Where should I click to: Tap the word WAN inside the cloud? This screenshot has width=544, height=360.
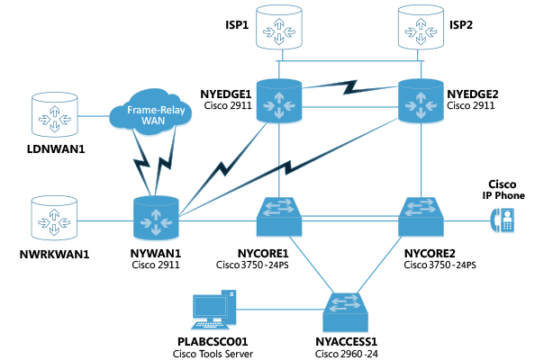[x=153, y=120]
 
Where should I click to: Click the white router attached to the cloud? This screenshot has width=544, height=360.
[x=55, y=114]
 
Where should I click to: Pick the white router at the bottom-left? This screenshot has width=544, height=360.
[x=55, y=218]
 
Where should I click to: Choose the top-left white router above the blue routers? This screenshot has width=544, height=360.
[x=279, y=27]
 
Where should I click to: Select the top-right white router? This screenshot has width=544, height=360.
[x=421, y=27]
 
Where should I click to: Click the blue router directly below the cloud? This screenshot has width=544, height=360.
[x=156, y=219]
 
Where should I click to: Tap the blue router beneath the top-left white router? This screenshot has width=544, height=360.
[x=279, y=101]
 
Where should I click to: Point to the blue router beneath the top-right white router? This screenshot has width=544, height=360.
[x=422, y=101]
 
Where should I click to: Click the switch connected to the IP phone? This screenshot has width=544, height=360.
[x=422, y=217]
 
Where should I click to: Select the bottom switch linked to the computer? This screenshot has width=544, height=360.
[x=346, y=310]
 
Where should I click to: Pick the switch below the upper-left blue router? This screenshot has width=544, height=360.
[x=279, y=217]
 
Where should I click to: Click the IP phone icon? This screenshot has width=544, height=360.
[x=502, y=220]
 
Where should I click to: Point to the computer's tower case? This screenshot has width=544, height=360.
[x=229, y=306]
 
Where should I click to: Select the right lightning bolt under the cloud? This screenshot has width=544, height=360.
[x=166, y=164]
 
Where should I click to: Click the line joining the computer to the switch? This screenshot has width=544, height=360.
[x=279, y=310]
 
